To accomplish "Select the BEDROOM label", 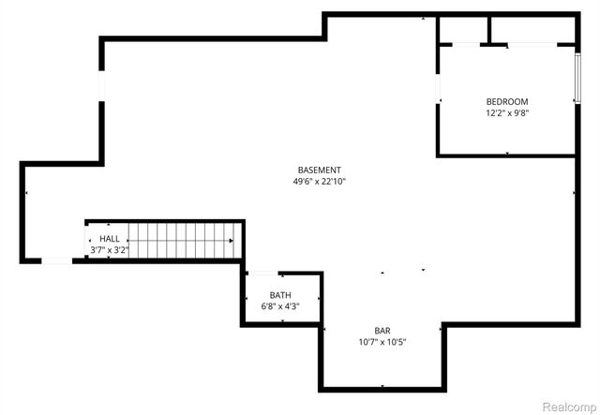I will (506, 102).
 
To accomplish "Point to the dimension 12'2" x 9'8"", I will (506, 113).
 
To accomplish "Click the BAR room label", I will (382, 331).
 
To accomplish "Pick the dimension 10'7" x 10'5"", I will (382, 343).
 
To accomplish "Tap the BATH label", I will (280, 295).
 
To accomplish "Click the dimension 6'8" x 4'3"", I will (280, 306).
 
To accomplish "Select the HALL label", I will (109, 239).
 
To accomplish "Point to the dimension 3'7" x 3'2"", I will (109, 250).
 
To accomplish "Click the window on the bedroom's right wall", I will (577, 79).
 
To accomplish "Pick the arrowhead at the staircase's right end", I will (232, 240).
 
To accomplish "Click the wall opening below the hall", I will (57, 260).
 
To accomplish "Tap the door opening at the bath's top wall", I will (260, 274).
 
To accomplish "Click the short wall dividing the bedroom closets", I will (488, 30).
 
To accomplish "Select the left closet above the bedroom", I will (463, 30).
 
